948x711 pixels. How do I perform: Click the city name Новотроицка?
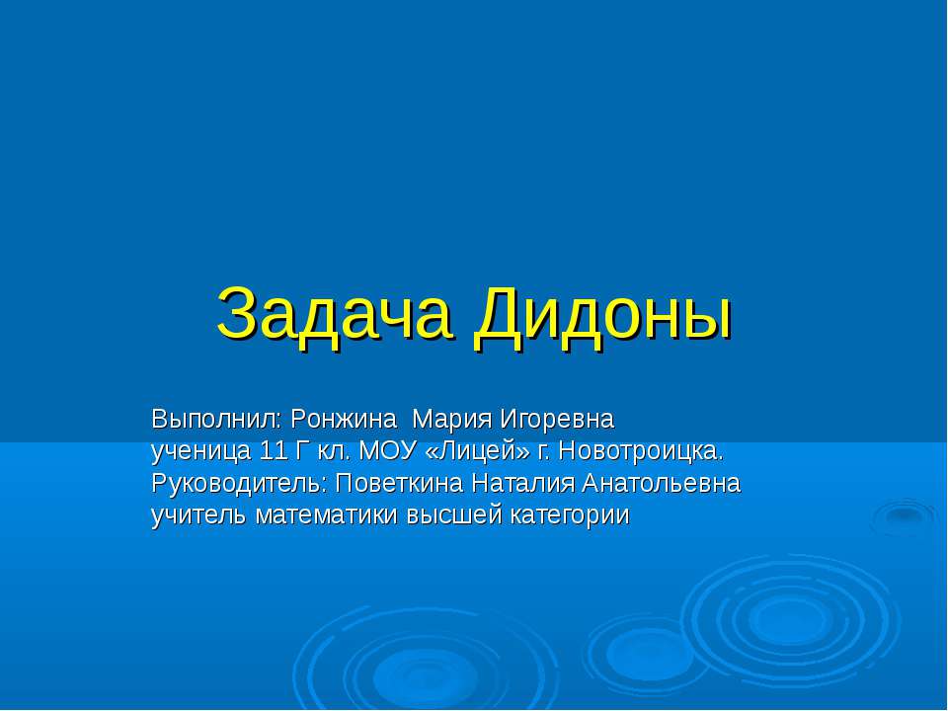(642, 452)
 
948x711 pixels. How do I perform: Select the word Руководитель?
(240, 484)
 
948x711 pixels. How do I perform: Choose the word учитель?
(199, 515)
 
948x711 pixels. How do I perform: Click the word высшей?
(453, 515)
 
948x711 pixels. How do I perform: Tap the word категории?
(569, 515)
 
